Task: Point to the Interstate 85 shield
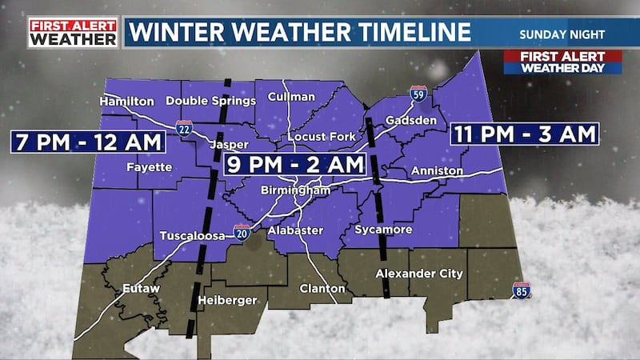[521, 290]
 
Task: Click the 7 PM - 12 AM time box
[88, 142]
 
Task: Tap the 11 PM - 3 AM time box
[524, 134]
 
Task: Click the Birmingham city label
[296, 192]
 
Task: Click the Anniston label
[436, 171]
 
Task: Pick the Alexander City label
[419, 274]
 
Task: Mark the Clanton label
[322, 288]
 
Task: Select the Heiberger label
[228, 300]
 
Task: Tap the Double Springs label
[210, 101]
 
